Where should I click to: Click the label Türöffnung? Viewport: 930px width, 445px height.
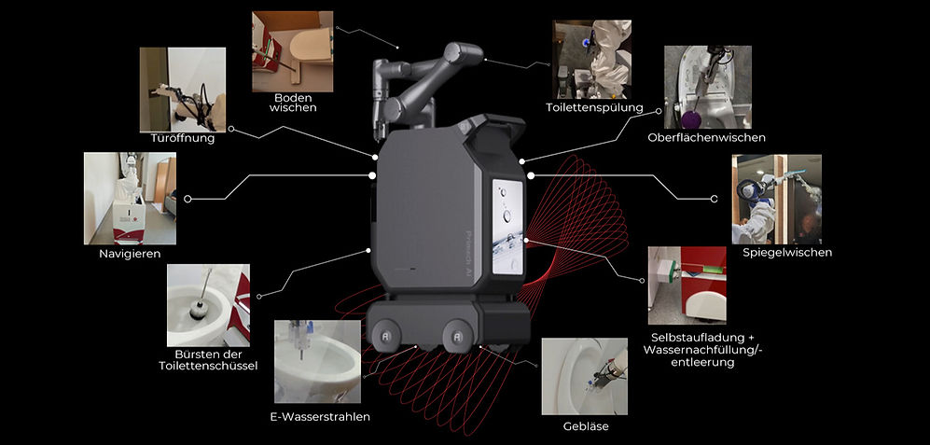tap(182, 139)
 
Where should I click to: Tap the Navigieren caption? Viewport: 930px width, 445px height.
tap(130, 254)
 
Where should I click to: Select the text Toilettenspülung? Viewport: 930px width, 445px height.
tap(594, 107)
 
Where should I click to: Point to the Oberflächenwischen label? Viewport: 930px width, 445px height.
tap(707, 138)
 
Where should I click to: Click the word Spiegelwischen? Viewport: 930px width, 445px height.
tap(787, 253)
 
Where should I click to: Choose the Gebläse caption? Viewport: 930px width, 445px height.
tap(586, 426)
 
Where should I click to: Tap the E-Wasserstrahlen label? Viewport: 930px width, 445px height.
tap(320, 416)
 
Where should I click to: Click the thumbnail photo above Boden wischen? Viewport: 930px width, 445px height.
tap(292, 51)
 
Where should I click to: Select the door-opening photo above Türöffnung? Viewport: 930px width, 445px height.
tap(183, 90)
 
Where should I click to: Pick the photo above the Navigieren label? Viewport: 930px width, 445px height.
tap(130, 199)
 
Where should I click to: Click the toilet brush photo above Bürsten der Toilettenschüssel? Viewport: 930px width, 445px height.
tap(208, 306)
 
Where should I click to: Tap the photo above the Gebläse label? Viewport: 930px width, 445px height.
tap(584, 376)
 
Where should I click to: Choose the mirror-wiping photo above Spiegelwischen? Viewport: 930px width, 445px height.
tap(776, 200)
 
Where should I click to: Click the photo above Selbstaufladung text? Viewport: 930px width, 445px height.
tap(687, 285)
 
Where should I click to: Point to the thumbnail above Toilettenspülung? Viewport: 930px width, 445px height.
tap(592, 60)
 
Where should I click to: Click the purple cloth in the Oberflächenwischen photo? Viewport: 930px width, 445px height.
tap(689, 119)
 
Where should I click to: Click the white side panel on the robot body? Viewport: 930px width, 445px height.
tap(508, 228)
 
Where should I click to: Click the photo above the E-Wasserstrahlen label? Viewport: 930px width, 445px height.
tap(317, 362)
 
